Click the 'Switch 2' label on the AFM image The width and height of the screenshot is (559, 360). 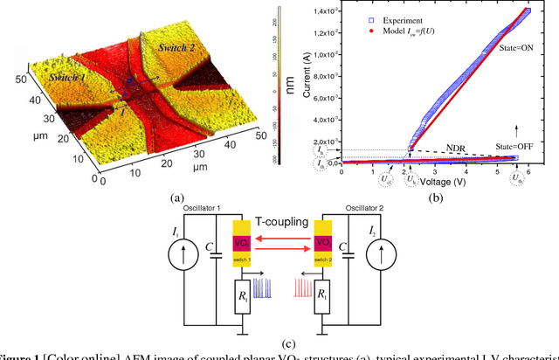182,51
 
